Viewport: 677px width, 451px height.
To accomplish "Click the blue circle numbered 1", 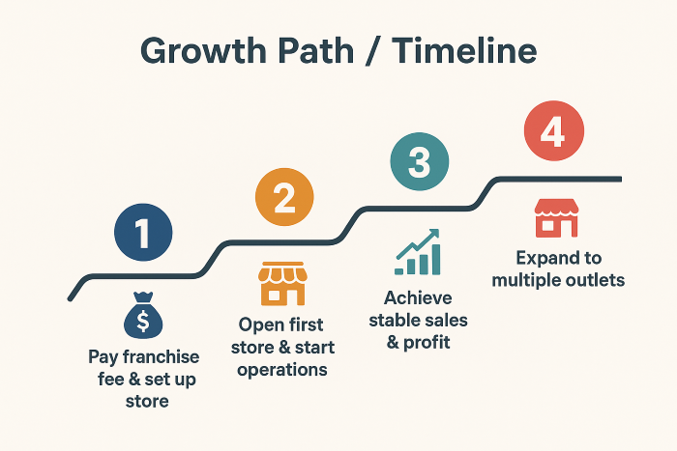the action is (x=143, y=233).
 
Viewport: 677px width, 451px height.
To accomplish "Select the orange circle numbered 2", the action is (x=284, y=197).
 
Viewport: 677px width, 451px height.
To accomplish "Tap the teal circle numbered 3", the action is (x=420, y=161).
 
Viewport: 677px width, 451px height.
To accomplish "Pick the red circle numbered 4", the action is (x=554, y=130).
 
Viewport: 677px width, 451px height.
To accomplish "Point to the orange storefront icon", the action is (x=282, y=283).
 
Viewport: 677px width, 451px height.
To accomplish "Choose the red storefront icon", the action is (x=556, y=217).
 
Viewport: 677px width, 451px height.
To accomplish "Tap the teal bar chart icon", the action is (x=418, y=252).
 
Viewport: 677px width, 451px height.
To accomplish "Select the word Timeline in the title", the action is (x=464, y=50).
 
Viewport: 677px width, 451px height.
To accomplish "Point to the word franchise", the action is (x=162, y=356).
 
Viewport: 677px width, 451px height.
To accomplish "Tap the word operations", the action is (x=282, y=371).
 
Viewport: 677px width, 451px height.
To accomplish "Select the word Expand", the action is (x=545, y=259).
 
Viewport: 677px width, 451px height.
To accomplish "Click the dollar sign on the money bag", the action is (x=143, y=321).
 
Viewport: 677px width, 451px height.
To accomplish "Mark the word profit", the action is (x=427, y=343).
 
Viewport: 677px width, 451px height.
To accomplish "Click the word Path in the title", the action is (x=316, y=51).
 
